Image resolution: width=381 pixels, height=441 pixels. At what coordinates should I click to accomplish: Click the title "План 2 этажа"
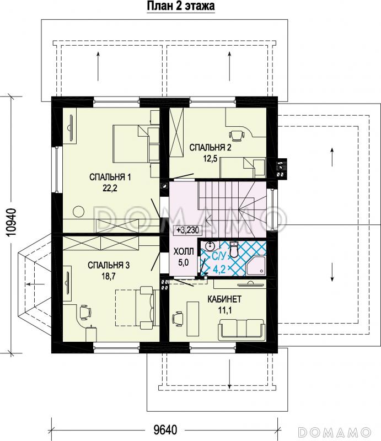point(181,6)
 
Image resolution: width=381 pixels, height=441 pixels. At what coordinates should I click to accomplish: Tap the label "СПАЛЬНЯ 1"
point(110,177)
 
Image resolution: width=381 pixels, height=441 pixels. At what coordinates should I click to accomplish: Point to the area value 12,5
point(210,159)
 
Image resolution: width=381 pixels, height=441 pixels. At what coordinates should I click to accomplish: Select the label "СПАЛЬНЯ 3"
point(109,265)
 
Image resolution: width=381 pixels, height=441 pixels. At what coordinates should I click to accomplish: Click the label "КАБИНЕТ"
point(224,299)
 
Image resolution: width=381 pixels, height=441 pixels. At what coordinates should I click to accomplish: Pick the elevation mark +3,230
point(187,230)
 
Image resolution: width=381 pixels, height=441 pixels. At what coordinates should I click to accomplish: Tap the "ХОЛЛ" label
point(184,251)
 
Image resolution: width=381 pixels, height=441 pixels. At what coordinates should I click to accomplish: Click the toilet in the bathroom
point(234,249)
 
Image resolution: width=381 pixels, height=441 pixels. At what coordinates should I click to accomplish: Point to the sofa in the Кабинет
point(241,328)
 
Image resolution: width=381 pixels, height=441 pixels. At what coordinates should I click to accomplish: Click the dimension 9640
point(165,430)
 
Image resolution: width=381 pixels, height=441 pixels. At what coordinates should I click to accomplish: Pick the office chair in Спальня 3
point(85,312)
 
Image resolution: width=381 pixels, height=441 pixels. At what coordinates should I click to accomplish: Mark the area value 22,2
point(110,188)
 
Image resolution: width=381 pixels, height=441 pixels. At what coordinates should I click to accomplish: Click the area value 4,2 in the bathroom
point(219,270)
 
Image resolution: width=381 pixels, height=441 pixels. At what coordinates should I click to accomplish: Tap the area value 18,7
point(109,276)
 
